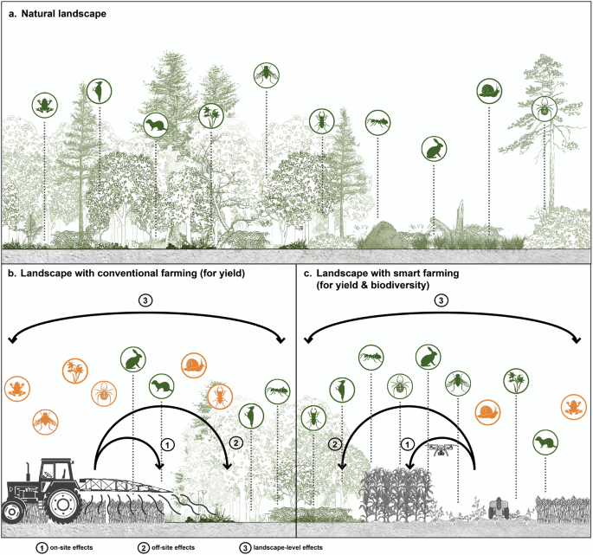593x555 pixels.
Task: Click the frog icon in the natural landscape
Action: (41, 106)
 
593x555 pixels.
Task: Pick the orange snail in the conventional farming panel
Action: (192, 365)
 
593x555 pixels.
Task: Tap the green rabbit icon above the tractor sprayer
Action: (132, 358)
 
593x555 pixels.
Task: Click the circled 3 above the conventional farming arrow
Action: (145, 301)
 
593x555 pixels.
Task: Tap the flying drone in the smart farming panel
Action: (441, 449)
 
